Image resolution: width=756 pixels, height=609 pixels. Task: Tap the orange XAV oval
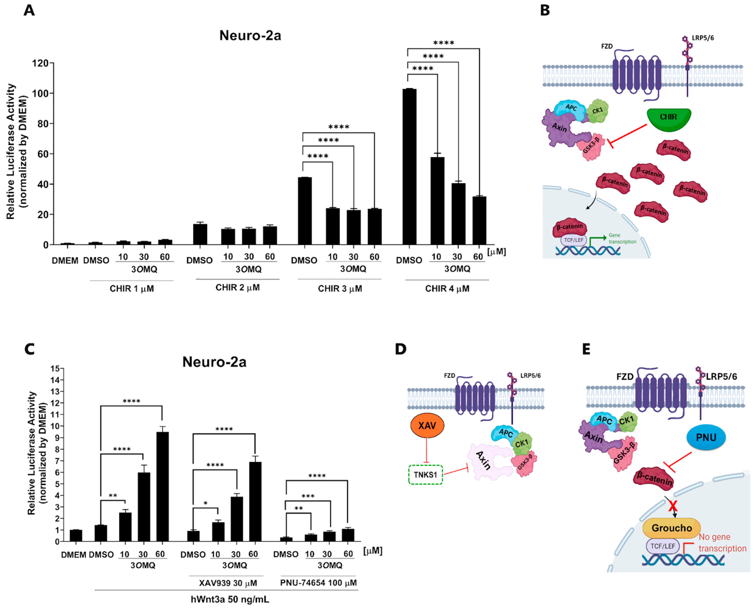pos(427,426)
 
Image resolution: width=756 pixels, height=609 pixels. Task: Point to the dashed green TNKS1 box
pos(426,475)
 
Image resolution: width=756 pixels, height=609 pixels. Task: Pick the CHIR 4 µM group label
pos(447,289)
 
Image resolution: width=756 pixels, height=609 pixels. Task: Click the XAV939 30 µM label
pos(228,583)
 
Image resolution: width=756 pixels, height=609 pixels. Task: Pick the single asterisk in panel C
pos(206,503)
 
